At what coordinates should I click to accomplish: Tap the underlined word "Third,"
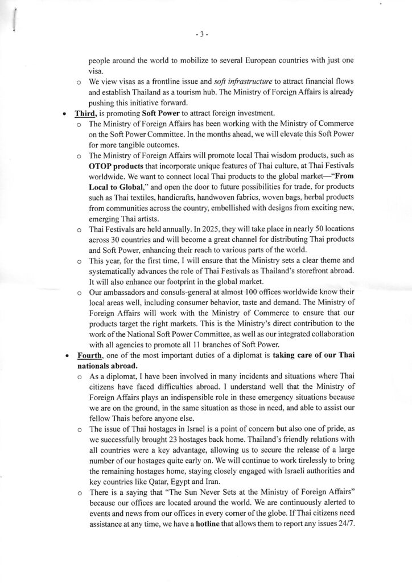pyautogui.click(x=86, y=114)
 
